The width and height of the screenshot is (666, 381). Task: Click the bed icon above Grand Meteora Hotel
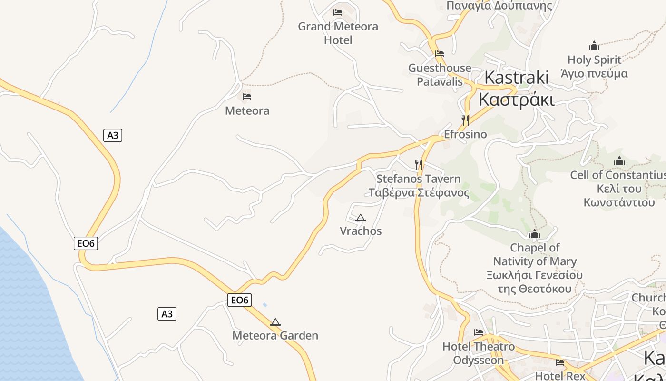tap(338, 12)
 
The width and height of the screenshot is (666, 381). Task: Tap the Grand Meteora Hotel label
tap(338, 33)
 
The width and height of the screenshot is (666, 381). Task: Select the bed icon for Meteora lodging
tap(247, 96)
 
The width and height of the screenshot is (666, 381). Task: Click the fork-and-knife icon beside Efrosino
tap(465, 120)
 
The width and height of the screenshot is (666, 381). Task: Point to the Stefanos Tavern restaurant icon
tap(419, 165)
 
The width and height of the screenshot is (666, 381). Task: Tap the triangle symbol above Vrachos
tap(361, 218)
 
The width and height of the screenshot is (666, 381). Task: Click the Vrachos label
tap(361, 231)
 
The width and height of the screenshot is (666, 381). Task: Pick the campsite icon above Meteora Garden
tap(275, 322)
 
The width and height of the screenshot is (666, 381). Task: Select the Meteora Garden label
tap(275, 335)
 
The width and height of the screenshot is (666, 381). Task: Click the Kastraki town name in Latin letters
tap(517, 77)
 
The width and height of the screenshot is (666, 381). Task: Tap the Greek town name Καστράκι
tap(517, 100)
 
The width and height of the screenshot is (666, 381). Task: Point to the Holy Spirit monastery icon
tap(594, 46)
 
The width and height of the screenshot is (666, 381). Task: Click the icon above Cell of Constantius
tap(619, 161)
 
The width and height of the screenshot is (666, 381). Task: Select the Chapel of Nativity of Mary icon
tap(535, 234)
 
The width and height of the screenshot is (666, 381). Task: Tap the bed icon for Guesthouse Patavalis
tap(440, 54)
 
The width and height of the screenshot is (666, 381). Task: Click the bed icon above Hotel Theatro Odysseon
tap(479, 332)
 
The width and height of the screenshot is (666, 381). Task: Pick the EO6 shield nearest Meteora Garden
tap(239, 300)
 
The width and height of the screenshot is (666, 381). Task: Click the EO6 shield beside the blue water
tap(86, 243)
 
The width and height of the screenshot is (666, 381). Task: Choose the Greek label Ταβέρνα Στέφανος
tap(419, 193)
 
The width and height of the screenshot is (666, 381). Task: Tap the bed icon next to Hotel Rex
tap(560, 362)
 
